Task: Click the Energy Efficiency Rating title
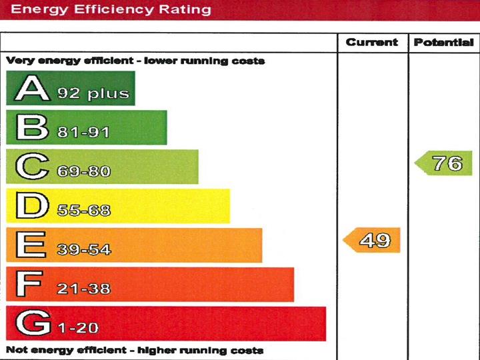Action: tap(111, 9)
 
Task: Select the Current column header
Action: tap(372, 43)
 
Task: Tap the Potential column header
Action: tap(443, 43)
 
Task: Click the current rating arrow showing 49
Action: tap(373, 240)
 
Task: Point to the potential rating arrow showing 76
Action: tap(445, 163)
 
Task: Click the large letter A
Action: tap(33, 89)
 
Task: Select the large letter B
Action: tap(32, 127)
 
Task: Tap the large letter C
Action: tap(32, 167)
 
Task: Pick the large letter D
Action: tap(32, 206)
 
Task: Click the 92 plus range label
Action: tap(93, 93)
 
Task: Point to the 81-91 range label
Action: tap(83, 133)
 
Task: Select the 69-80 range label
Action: tap(83, 172)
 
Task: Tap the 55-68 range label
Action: tap(83, 211)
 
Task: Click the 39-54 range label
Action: tap(83, 250)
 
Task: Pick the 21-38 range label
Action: tap(83, 289)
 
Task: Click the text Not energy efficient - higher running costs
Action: tap(135, 350)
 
